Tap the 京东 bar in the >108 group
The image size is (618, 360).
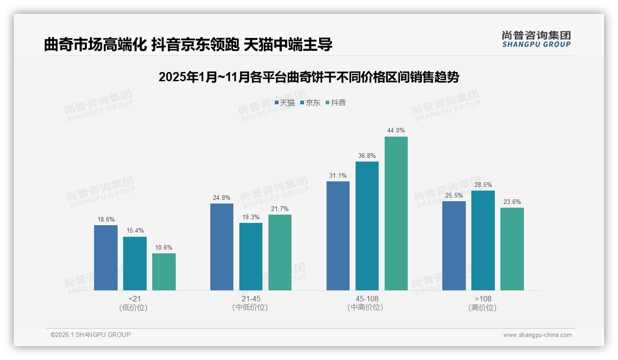(483, 240)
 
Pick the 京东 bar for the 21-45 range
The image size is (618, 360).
(251, 257)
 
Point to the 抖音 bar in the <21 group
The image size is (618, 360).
(164, 272)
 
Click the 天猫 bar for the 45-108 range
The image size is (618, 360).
(338, 236)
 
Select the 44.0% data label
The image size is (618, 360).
(396, 131)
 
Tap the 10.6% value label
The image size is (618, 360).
(164, 248)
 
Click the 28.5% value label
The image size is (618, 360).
(483, 185)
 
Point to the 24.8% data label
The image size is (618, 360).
(222, 198)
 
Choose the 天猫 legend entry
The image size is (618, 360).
(285, 103)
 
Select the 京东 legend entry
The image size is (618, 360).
(310, 103)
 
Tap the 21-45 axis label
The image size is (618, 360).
(250, 299)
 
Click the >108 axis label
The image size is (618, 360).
(483, 299)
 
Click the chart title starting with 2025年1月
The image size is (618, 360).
(309, 78)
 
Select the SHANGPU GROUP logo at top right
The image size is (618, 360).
(536, 39)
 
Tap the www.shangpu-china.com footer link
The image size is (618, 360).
(537, 335)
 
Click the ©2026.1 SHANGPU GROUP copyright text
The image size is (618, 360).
(90, 335)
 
